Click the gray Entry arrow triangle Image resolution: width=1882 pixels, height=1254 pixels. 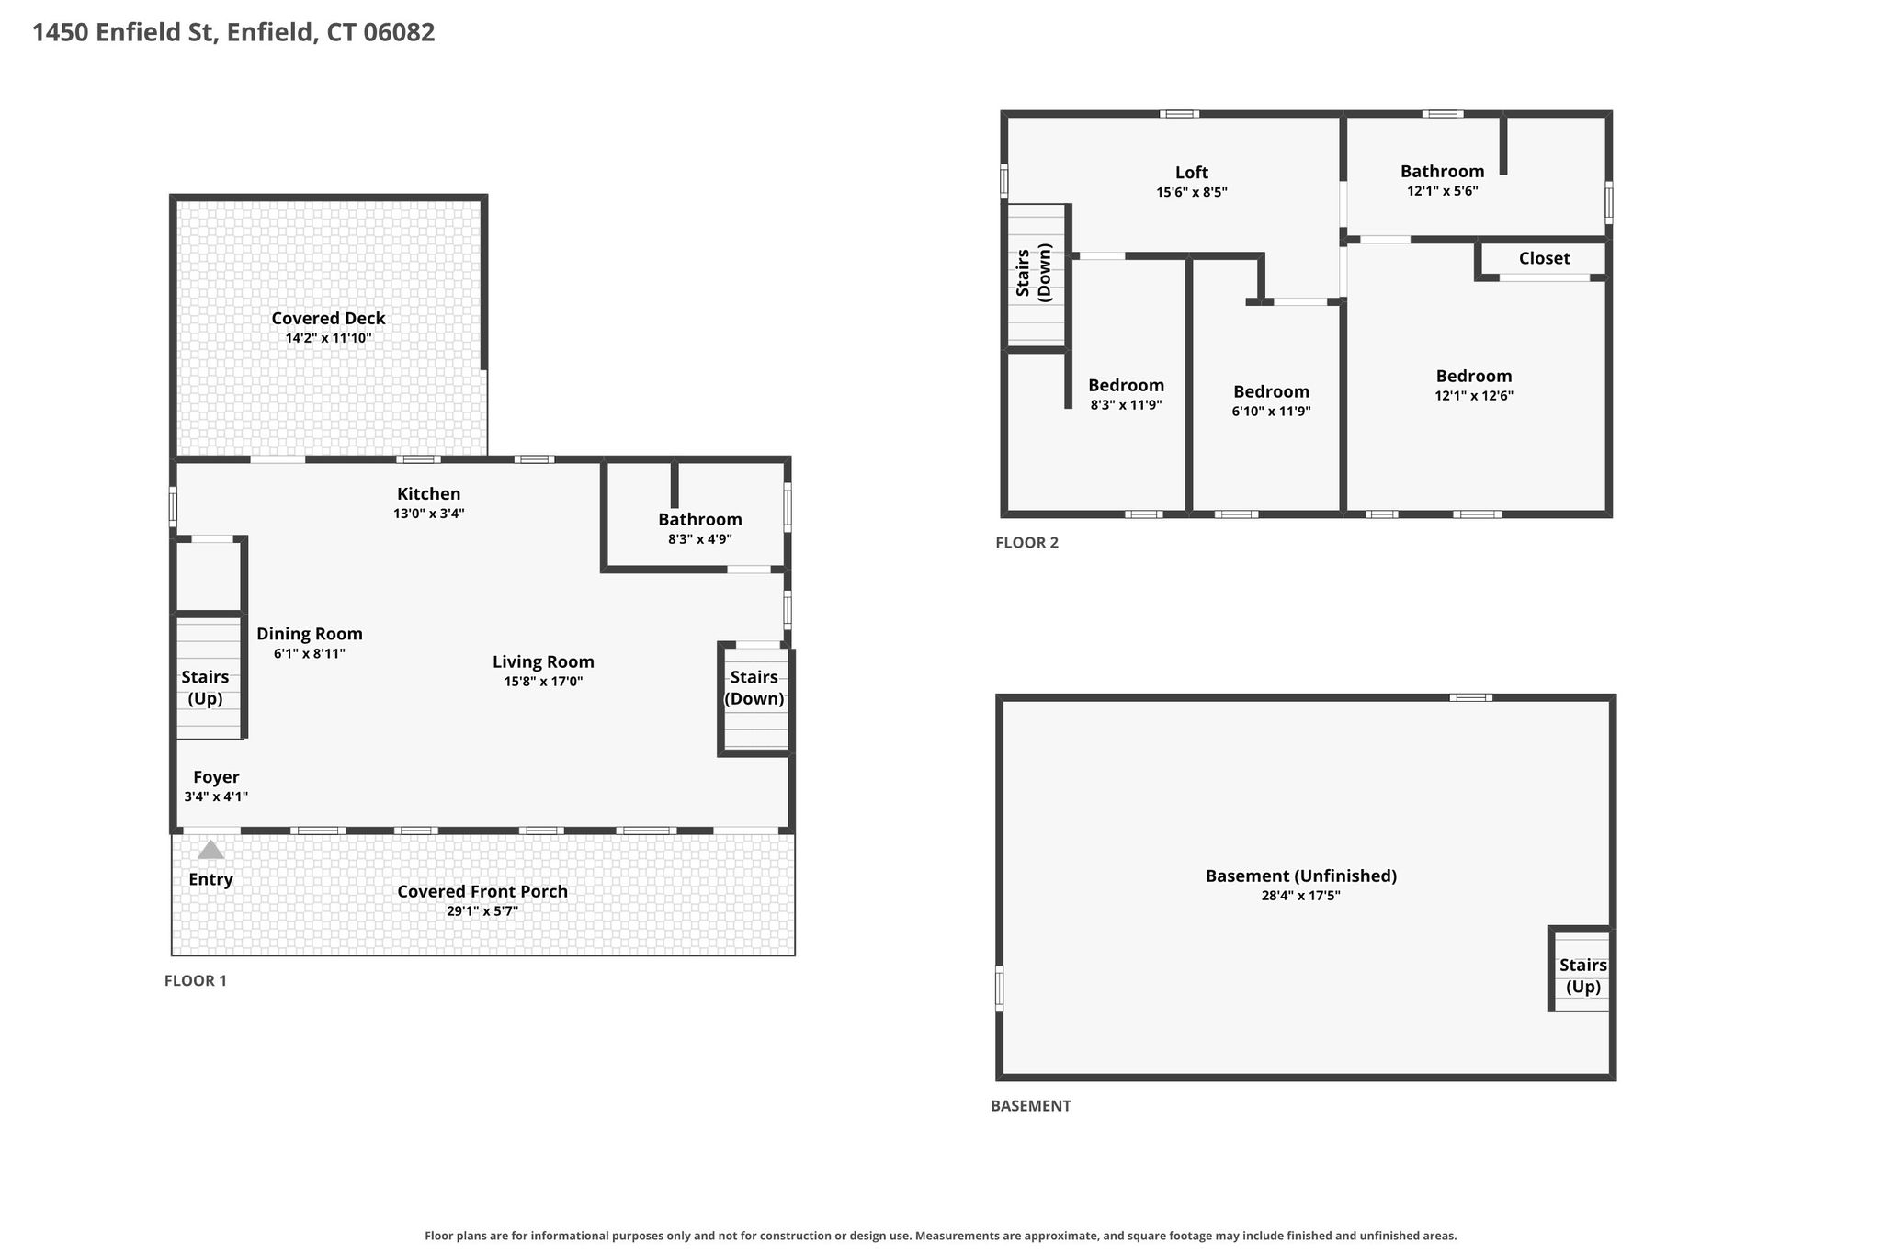point(210,850)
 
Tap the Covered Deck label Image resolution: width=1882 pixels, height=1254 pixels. point(328,319)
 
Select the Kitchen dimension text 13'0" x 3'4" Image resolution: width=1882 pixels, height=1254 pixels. point(429,514)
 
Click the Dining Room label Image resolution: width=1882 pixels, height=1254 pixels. point(310,634)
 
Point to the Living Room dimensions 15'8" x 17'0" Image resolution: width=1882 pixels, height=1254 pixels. point(543,682)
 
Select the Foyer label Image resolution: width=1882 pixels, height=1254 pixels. point(216,777)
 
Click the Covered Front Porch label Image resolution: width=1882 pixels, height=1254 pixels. point(482,891)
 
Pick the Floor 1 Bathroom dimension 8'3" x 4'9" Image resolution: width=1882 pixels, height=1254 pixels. point(700,539)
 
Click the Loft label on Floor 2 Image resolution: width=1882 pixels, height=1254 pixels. point(1192,173)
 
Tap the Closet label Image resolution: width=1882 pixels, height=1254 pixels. point(1545,258)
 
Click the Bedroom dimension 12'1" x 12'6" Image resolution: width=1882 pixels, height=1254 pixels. point(1474,396)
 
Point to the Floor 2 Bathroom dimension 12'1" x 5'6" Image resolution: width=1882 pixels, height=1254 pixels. point(1443,191)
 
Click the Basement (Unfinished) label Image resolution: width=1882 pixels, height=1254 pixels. point(1301,876)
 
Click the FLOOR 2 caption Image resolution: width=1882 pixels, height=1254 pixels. point(1027,543)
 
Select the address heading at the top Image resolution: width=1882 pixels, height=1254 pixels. point(233,33)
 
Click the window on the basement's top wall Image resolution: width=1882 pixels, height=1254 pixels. point(1471,697)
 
